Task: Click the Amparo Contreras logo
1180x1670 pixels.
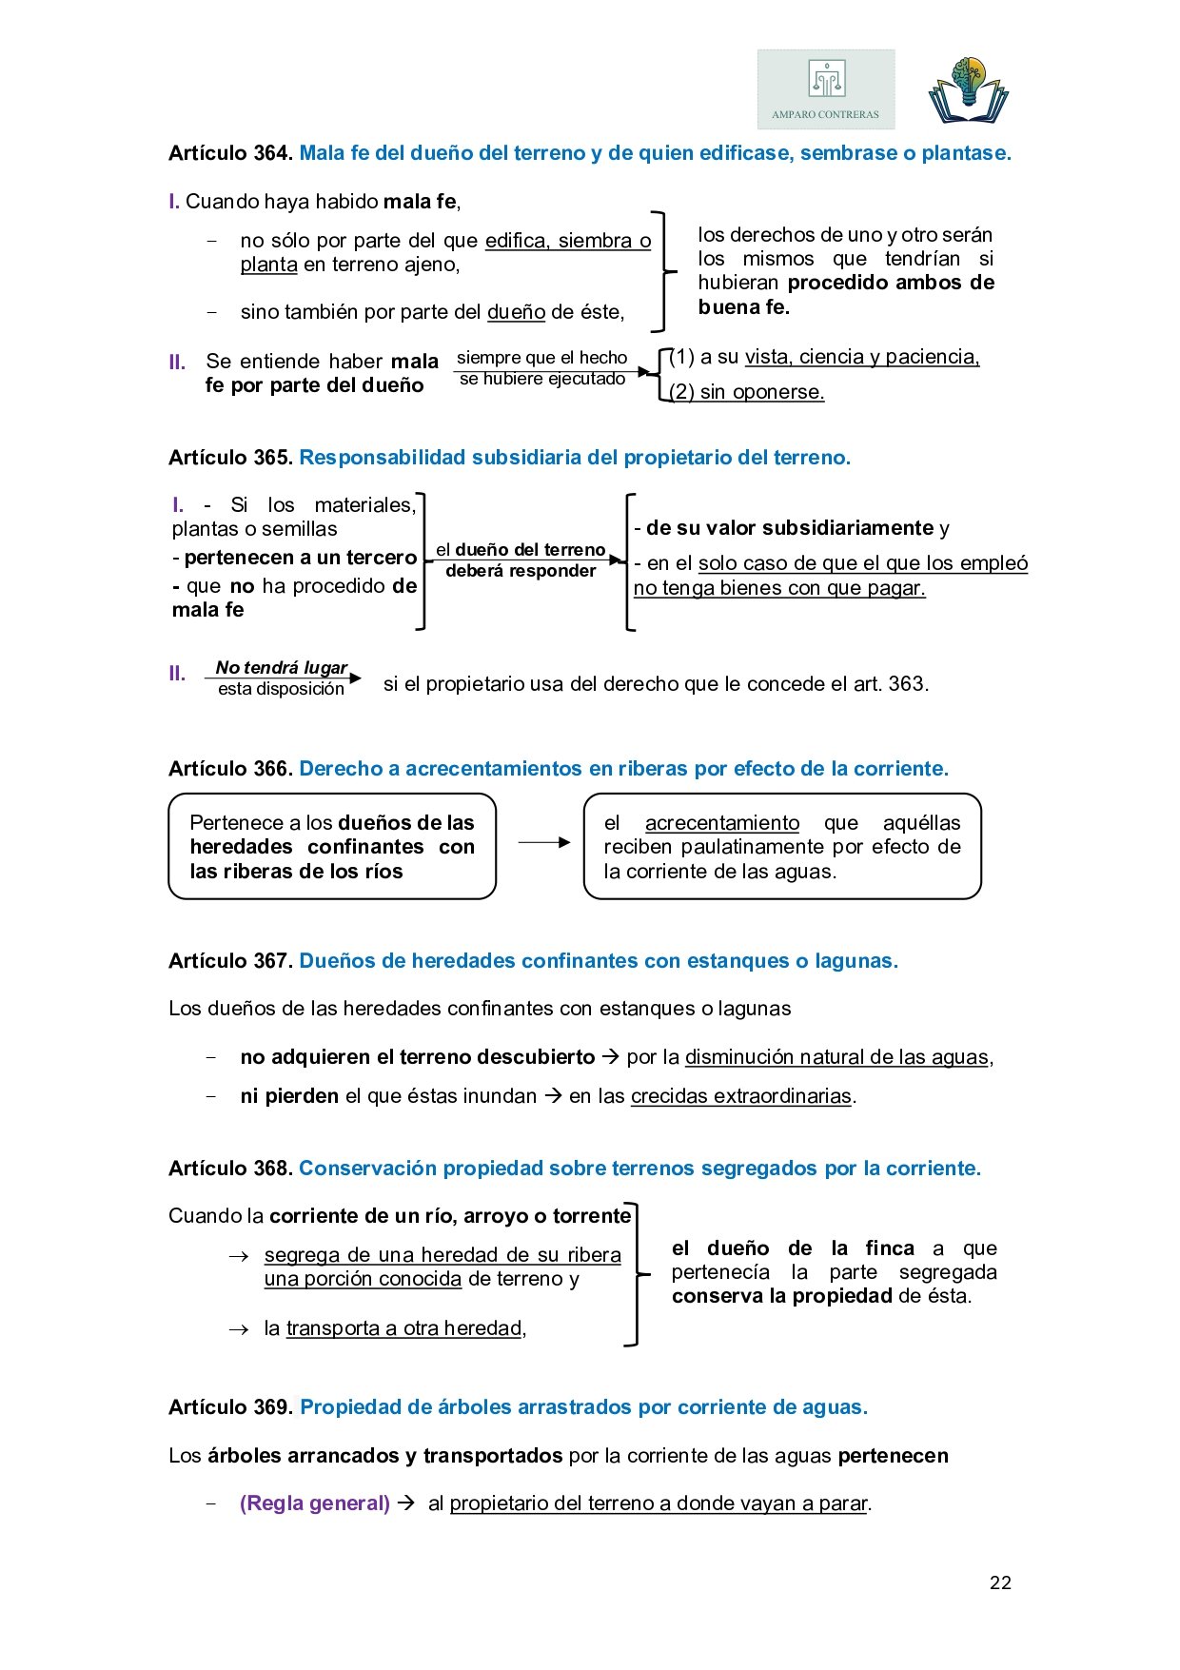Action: (x=826, y=89)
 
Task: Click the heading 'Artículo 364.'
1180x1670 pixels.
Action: (x=230, y=153)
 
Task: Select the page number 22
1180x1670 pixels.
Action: (x=1000, y=1582)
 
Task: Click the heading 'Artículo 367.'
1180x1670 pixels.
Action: (x=230, y=961)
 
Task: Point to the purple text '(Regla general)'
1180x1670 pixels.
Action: (x=315, y=1503)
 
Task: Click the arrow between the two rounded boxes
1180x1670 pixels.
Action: (x=544, y=842)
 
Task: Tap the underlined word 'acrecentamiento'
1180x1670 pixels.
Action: (x=722, y=823)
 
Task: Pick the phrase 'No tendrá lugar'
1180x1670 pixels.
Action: (x=281, y=668)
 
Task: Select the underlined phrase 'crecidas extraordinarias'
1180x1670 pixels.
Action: (x=741, y=1096)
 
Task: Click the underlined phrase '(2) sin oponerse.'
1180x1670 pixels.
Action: (x=747, y=392)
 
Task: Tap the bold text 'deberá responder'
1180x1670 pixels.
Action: (x=521, y=571)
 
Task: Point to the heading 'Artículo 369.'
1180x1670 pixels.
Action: (x=230, y=1407)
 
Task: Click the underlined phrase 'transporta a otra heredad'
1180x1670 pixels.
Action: (x=404, y=1328)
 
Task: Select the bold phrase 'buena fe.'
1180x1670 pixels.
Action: (x=744, y=307)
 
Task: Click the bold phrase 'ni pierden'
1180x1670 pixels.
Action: (x=289, y=1096)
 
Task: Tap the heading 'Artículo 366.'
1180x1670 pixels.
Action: (x=230, y=769)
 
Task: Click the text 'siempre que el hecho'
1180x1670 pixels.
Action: (x=542, y=358)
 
